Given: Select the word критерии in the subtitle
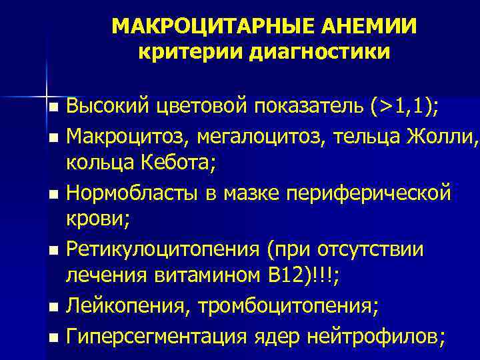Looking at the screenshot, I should click(x=188, y=51).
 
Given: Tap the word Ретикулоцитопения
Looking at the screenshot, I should click(x=163, y=249).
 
